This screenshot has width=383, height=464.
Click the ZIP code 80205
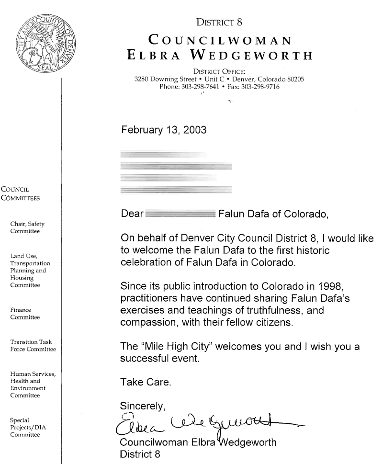point(293,79)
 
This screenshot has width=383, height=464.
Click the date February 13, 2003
point(163,130)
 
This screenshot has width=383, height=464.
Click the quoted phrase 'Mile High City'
point(176,346)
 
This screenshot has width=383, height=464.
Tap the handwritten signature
point(206,423)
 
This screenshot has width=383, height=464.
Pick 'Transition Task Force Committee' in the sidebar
point(36,345)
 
